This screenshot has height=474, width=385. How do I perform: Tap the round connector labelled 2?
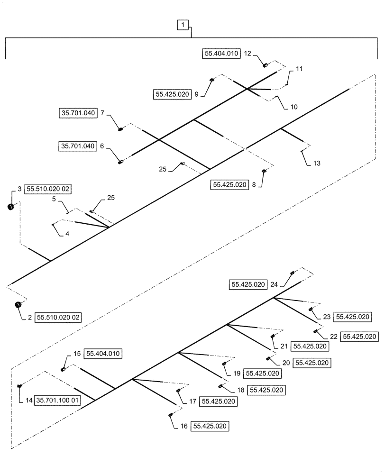pos(18,305)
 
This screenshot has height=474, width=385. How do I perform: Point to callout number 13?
pos(317,163)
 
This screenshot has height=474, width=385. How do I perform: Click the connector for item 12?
pos(266,65)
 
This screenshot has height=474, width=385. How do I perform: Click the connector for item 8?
pos(264,172)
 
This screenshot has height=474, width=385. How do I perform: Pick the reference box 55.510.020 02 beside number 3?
pos(48,189)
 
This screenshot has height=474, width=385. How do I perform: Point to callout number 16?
pos(184,427)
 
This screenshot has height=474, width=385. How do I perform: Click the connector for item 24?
pos(292,273)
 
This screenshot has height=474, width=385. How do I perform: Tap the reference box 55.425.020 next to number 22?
pos(359,337)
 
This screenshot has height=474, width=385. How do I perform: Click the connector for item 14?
pos(19,387)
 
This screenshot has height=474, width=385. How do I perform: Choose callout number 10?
pos(294,107)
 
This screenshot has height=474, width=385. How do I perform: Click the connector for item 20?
pos(268,358)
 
